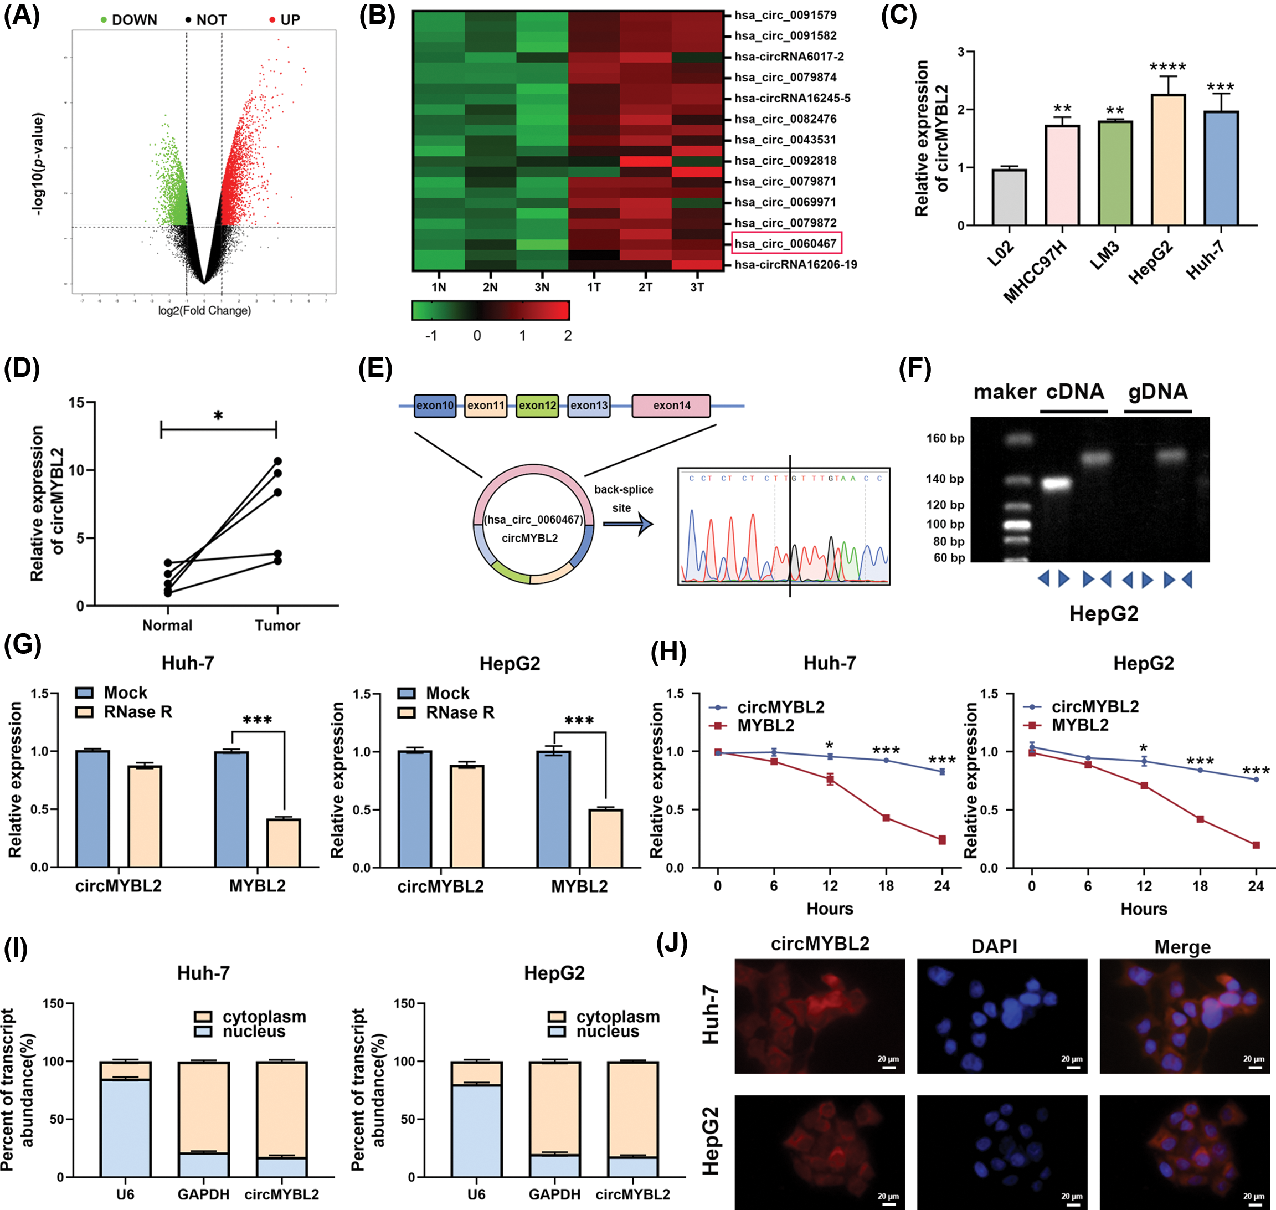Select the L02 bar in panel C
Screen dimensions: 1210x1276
1009,197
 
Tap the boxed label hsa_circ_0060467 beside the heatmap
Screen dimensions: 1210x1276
786,244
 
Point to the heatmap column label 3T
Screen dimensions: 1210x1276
697,287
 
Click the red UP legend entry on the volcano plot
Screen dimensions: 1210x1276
284,20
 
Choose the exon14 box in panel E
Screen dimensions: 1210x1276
671,406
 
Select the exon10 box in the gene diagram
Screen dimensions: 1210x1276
435,406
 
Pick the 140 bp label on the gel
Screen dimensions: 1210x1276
945,479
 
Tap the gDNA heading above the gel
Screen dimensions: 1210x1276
1157,392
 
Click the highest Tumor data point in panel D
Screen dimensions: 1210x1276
278,460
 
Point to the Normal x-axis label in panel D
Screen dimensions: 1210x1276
167,625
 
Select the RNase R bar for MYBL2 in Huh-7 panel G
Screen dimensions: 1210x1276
284,843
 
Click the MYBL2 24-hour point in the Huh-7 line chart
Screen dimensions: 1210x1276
942,840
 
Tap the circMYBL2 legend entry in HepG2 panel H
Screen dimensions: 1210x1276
1083,707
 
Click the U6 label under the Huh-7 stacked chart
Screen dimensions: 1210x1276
125,1194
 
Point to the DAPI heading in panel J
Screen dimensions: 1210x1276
994,946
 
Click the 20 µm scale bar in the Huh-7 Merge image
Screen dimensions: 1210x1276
1255,1068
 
